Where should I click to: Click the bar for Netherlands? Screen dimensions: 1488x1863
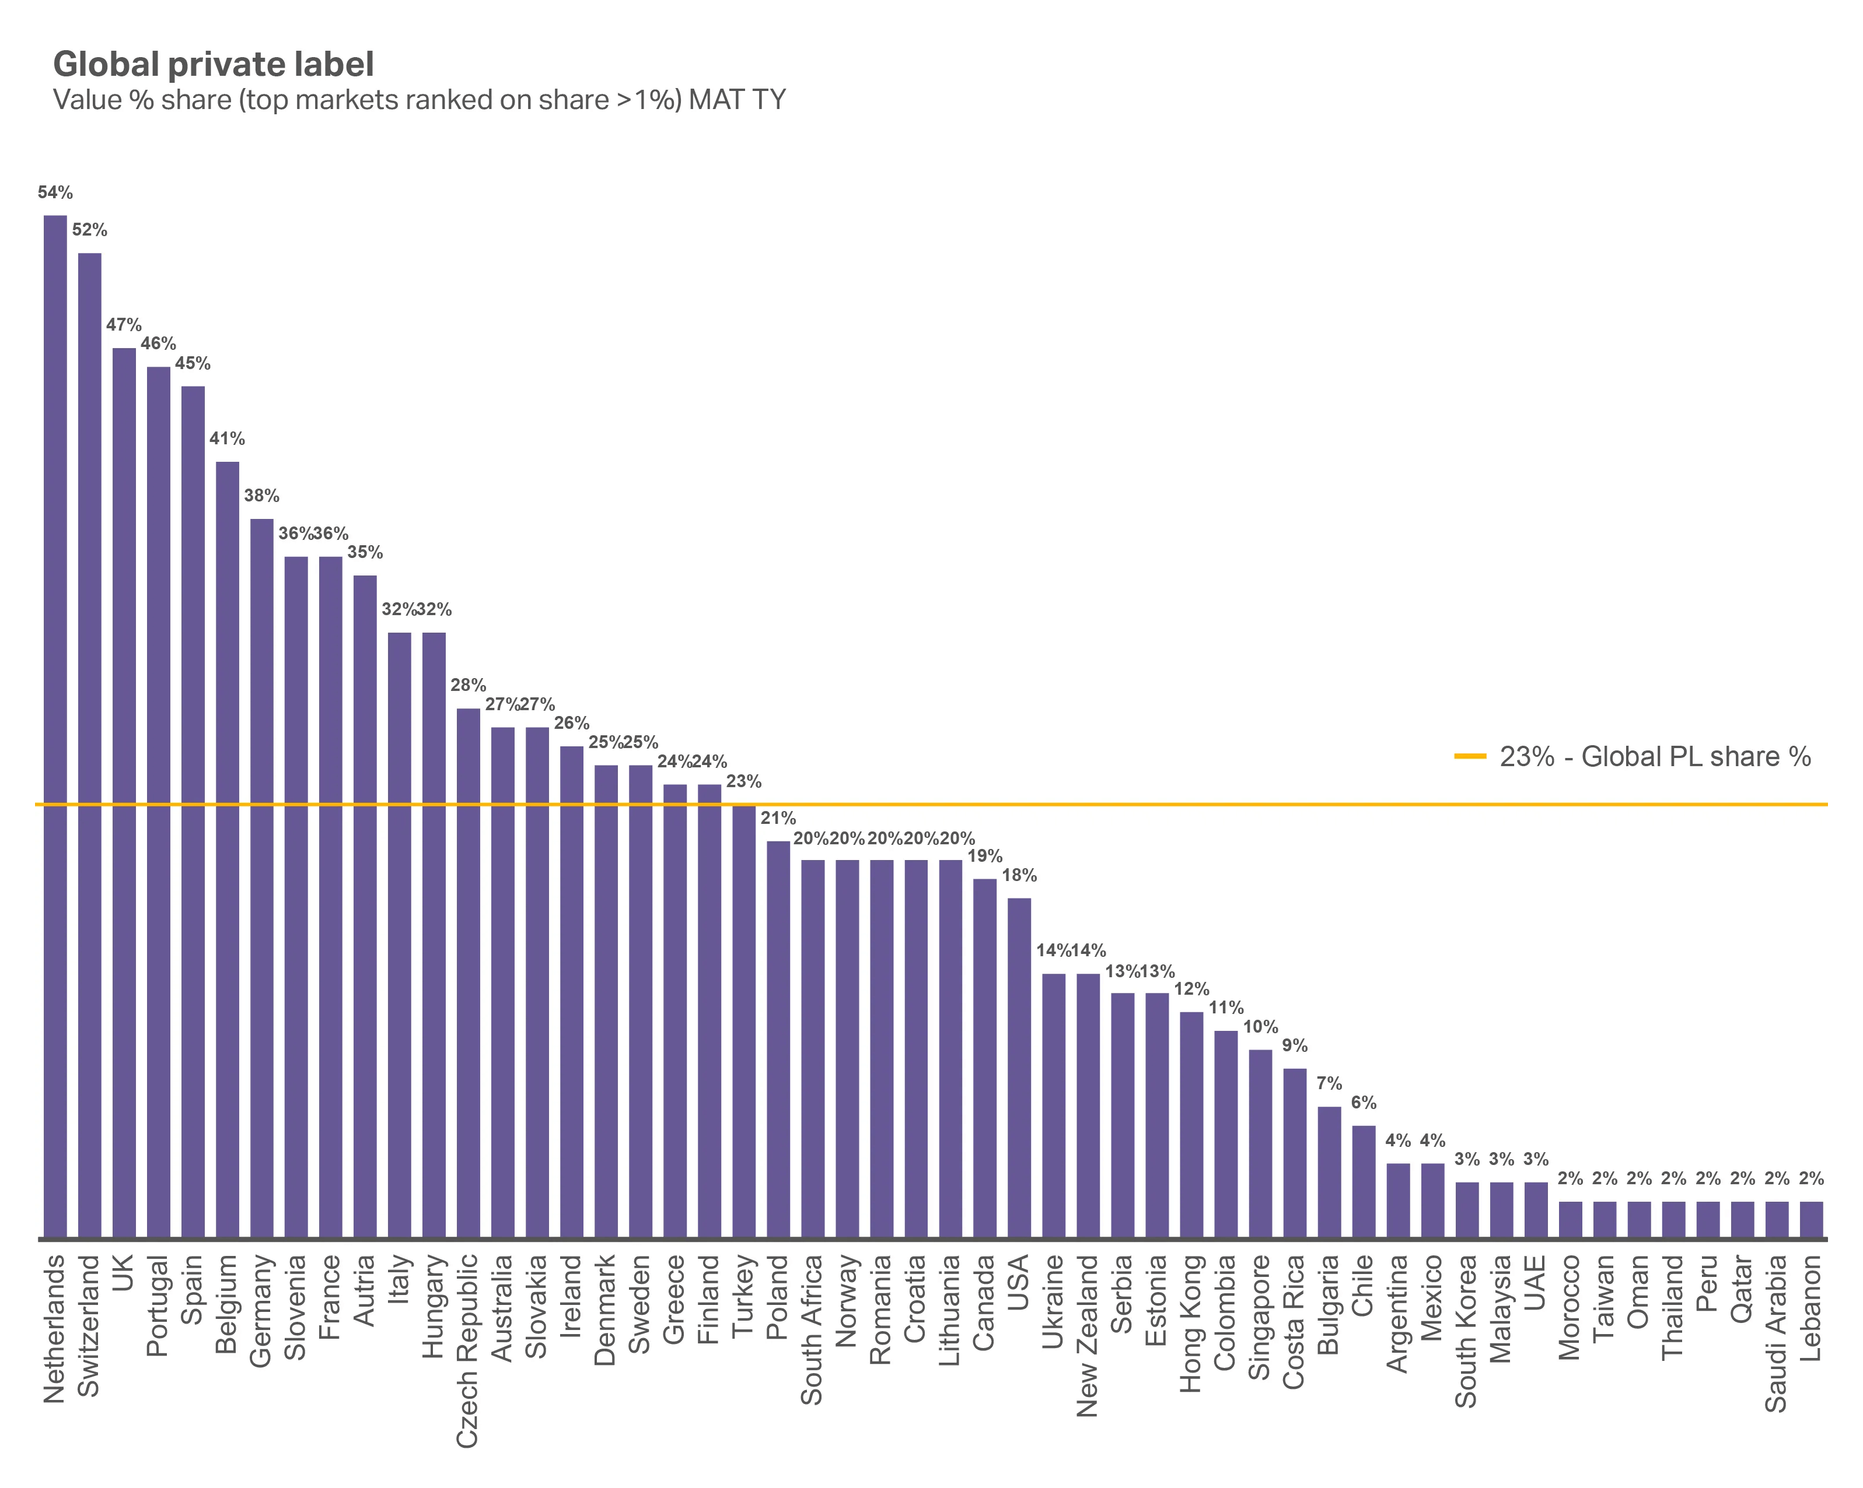55,725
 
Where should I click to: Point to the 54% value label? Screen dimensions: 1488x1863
55,192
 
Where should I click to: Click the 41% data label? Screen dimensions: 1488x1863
227,438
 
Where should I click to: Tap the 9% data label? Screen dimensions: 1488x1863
1295,1046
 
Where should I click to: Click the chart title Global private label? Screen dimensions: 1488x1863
214,65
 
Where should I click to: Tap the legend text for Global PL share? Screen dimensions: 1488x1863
1655,756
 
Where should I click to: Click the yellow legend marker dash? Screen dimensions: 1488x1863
1470,756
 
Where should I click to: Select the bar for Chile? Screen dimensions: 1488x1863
1364,1181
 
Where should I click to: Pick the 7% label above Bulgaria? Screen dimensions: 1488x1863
1329,1084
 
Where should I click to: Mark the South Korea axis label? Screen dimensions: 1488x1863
1466,1330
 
